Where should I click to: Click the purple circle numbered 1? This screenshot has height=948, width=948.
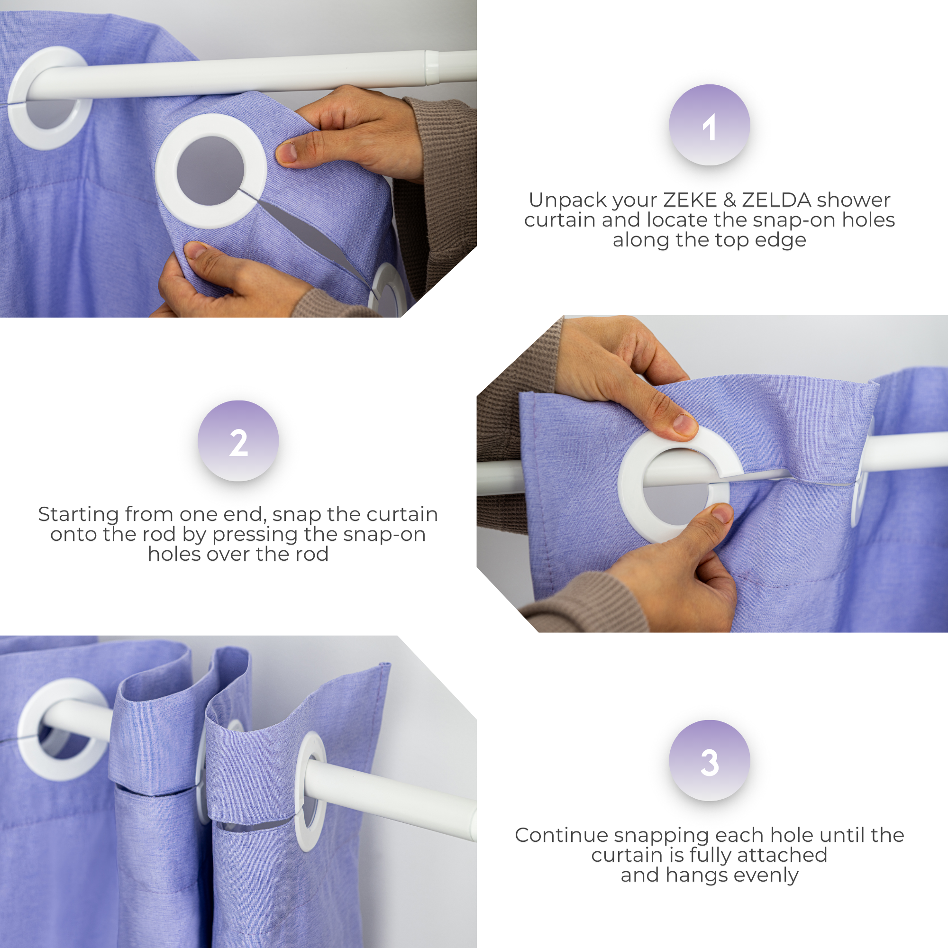709,125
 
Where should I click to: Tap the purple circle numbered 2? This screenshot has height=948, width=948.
238,441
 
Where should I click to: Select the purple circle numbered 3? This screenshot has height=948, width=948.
709,761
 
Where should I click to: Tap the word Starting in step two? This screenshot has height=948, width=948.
78,514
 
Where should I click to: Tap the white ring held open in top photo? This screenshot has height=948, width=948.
211,171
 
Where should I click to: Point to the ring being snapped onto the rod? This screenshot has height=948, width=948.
677,486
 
